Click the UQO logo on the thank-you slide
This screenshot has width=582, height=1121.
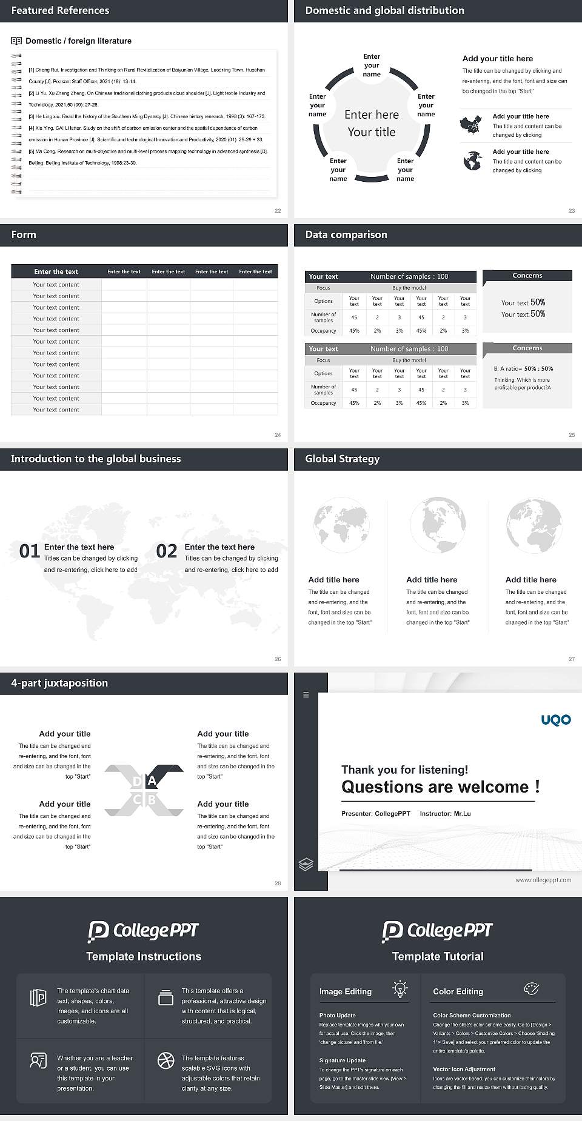coord(556,720)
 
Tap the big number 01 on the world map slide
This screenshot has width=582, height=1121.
coord(30,551)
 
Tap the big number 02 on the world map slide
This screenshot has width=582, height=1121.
coord(167,551)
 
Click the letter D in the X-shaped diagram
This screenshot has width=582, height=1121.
coord(137,782)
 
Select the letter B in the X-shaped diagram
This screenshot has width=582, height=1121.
coord(152,800)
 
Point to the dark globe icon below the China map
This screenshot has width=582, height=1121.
coord(472,161)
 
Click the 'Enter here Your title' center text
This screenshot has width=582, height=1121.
coord(372,123)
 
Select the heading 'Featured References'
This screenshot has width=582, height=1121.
coord(60,10)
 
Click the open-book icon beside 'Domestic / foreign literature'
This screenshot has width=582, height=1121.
coord(16,41)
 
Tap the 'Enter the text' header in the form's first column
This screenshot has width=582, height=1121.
coord(56,271)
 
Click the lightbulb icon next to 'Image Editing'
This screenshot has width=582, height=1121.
coord(400,989)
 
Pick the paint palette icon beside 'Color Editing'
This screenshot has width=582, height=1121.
coord(531,989)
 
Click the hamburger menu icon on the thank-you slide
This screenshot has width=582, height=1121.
coord(306,695)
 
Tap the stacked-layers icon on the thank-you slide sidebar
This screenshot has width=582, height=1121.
coord(306,864)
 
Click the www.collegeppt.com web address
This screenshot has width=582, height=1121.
coord(543,880)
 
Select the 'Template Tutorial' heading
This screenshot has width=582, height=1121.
coord(438,956)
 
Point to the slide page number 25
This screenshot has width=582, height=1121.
coord(572,435)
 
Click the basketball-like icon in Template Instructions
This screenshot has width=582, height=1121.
coord(166,1060)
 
